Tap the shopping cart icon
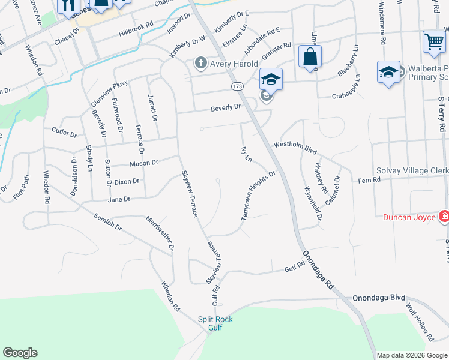pyautogui.click(x=433, y=42)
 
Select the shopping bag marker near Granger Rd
pyautogui.click(x=310, y=57)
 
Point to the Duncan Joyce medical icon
pyautogui.click(x=444, y=216)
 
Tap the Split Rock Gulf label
pyautogui.click(x=215, y=323)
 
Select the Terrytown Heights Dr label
pyautogui.click(x=258, y=196)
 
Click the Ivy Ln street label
pyautogui.click(x=245, y=154)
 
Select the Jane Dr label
pyautogui.click(x=119, y=199)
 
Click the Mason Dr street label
pyautogui.click(x=144, y=163)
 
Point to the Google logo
pyautogui.click(x=20, y=353)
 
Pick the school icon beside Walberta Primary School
pyautogui.click(x=388, y=73)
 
